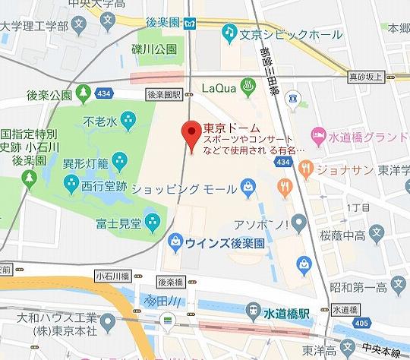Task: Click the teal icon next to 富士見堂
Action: point(152,221)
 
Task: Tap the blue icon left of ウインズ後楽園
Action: point(175,242)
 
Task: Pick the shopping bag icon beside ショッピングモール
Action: point(248,185)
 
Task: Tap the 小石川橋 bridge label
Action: point(109,276)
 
